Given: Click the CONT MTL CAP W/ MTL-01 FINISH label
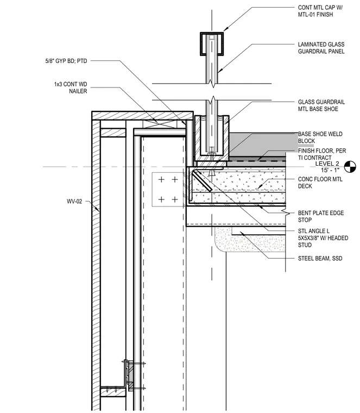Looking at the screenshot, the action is [x=320, y=11].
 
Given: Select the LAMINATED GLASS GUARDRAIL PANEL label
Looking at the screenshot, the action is [x=321, y=48].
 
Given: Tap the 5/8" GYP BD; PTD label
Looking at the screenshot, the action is [x=66, y=61].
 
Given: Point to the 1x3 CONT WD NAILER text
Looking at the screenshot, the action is [x=71, y=87].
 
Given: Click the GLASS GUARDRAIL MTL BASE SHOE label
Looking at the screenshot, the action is [x=321, y=105].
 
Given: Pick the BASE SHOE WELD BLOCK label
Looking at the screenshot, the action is [x=320, y=137].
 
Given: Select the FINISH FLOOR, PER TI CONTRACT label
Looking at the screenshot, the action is [x=322, y=154].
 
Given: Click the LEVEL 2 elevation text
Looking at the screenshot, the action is [x=327, y=164].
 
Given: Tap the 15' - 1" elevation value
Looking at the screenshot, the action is [x=330, y=170].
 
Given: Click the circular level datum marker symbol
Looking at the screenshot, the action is [x=350, y=167].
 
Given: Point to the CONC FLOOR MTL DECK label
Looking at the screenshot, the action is [x=320, y=183].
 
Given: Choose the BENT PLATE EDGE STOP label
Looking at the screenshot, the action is [x=321, y=216].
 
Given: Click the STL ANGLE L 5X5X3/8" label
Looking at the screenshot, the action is [x=323, y=238].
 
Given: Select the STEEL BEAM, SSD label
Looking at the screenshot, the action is [x=320, y=258].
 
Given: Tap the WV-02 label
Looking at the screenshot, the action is [x=74, y=202].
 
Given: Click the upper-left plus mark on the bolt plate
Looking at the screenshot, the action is [x=161, y=180].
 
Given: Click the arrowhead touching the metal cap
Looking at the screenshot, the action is [x=225, y=29].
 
